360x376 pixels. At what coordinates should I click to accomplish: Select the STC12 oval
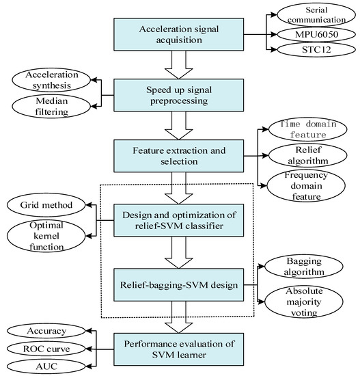pos(314,50)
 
